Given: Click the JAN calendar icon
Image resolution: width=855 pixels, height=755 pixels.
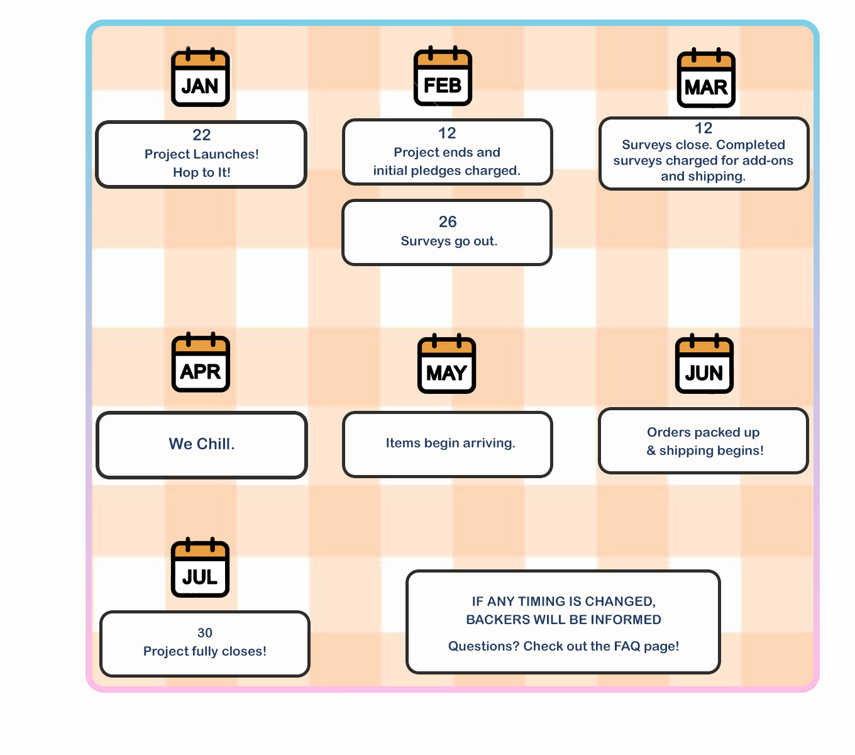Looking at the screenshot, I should (x=201, y=78).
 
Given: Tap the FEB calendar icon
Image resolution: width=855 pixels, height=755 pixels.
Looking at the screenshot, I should (x=443, y=77).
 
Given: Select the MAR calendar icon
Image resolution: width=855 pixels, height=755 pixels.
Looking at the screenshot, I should (x=706, y=79).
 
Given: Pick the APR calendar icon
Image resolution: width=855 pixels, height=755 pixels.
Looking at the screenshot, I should (x=201, y=363).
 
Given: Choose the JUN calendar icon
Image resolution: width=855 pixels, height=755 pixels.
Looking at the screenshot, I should (x=704, y=365).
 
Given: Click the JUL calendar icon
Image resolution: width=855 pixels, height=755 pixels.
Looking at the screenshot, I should (x=200, y=569).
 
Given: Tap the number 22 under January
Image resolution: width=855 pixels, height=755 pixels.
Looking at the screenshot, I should (x=202, y=135).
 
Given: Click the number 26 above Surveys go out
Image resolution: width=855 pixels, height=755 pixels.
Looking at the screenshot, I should (x=448, y=222).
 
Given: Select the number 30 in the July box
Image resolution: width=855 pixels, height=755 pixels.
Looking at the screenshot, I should (x=205, y=633).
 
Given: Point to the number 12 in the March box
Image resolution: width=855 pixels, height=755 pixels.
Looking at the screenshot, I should (x=703, y=128).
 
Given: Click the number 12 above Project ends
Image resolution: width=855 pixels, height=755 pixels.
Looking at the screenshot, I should (x=447, y=133).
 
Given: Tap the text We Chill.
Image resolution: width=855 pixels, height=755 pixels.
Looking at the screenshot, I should (x=202, y=444).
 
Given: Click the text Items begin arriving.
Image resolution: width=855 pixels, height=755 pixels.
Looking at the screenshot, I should (x=450, y=443).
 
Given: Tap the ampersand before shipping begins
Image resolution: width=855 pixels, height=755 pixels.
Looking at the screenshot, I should (x=651, y=450).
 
